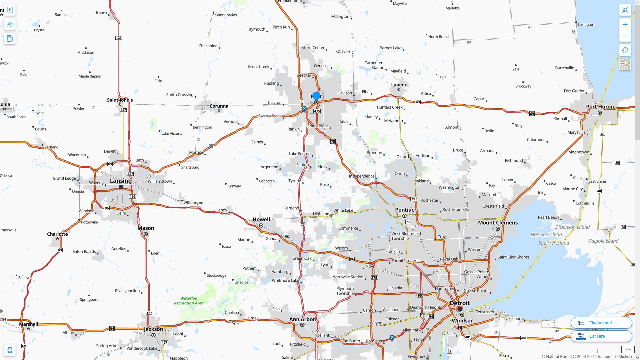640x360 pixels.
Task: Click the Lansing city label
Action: point(121,181)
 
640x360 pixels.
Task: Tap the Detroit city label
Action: point(460,303)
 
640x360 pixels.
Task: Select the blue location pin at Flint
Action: point(316,96)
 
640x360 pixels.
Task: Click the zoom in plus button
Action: point(625,24)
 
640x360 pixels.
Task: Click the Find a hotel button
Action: point(601,323)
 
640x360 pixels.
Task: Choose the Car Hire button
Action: point(601,336)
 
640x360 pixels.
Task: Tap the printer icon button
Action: point(10,350)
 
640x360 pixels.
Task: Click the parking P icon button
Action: point(10,10)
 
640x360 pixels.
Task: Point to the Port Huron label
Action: point(600,107)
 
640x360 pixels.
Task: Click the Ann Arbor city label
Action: point(302,319)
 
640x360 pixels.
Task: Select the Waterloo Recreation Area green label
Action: point(189,301)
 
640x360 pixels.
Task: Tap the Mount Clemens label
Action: point(498,223)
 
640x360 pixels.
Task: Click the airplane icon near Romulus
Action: point(392,338)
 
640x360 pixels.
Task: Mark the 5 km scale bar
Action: point(627,349)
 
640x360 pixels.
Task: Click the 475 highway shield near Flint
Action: point(317,111)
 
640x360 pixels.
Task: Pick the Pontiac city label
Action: point(404,210)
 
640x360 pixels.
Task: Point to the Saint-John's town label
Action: point(120,100)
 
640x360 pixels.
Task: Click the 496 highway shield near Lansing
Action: point(132,196)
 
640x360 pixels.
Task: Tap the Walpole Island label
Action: point(603,241)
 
